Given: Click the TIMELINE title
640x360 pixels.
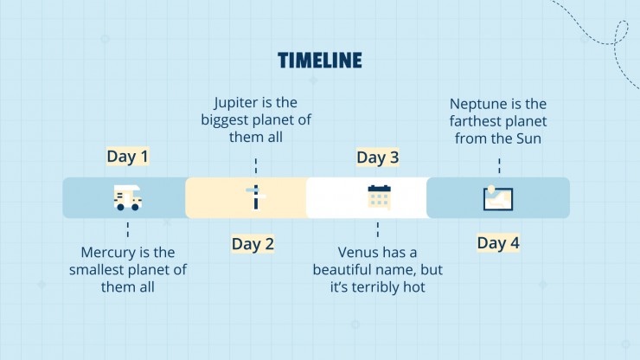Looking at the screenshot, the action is tap(320, 60).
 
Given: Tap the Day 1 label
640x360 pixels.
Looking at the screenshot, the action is tap(127, 156).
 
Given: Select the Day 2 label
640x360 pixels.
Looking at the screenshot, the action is tap(253, 243).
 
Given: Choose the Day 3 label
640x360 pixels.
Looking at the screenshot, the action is tap(378, 157).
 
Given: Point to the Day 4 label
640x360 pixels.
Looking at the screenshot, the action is tap(498, 242).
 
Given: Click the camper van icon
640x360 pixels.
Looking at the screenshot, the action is tap(128, 198).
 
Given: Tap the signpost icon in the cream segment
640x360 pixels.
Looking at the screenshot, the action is tap(255, 197).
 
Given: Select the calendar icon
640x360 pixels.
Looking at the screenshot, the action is tap(379, 197).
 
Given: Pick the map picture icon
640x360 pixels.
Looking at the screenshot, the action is tap(498, 198).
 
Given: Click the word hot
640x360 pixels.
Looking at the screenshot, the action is tap(414, 286).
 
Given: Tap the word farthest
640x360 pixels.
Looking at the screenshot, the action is tap(475, 121).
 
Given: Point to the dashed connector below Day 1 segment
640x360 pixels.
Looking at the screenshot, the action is tap(128, 229).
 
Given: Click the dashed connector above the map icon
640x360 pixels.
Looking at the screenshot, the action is tap(499, 166).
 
